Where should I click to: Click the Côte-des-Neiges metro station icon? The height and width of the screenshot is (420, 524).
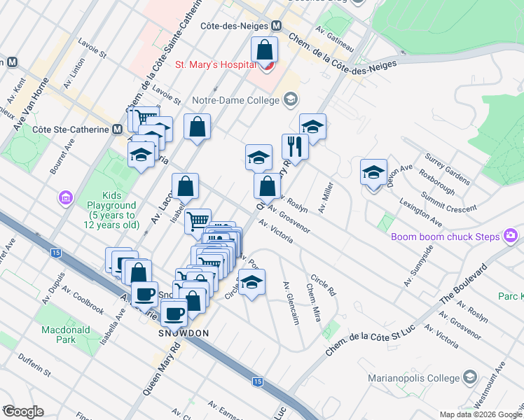tap(276, 25)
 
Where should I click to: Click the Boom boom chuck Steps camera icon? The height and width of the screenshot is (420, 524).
tap(512, 236)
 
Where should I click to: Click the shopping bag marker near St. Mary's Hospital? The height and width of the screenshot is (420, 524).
tap(265, 50)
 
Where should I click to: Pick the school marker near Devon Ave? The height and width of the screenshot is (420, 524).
tap(373, 172)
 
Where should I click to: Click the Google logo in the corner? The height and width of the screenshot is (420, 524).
tap(23, 412)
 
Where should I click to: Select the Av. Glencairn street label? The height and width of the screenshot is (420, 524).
tap(291, 303)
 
